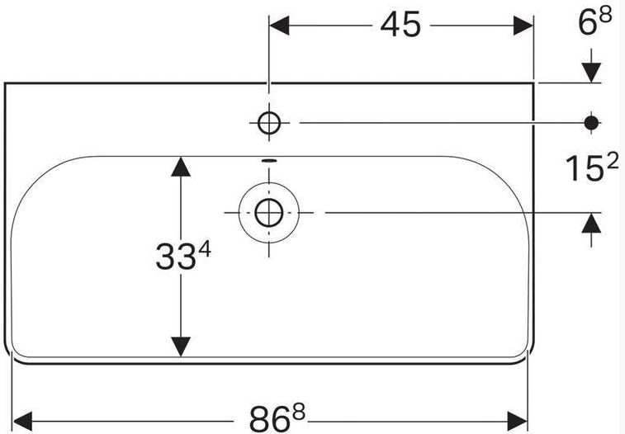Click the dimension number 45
point(400,26)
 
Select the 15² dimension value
point(591,168)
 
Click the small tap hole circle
point(269,123)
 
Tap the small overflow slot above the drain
point(268,160)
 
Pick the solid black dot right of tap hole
point(591,122)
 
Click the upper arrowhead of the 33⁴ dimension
point(180,166)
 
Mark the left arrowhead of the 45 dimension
point(280,26)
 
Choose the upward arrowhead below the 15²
point(591,224)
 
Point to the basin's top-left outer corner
point(5,83)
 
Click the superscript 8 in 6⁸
point(605,16)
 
